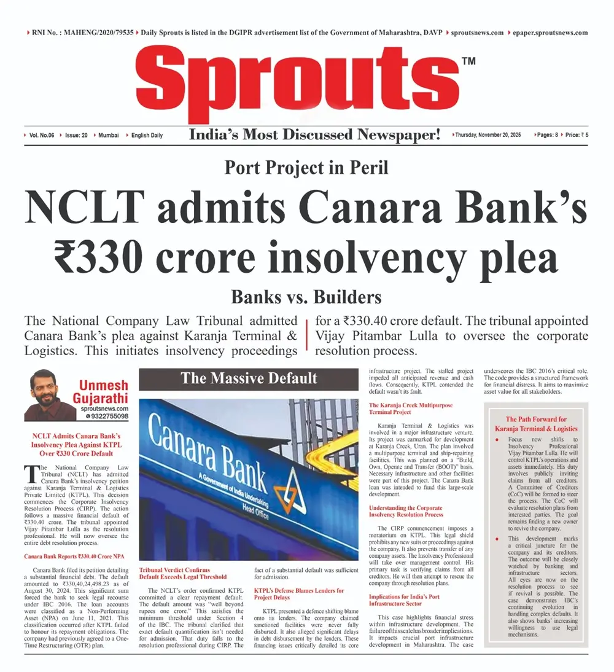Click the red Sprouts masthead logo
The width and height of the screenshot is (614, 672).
tap(300, 83)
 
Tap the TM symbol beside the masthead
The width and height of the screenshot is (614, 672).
tap(468, 61)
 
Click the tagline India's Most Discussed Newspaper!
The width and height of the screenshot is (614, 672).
tap(314, 135)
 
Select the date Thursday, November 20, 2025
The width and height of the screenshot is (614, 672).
tap(488, 135)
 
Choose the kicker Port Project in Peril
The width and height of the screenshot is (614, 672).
tap(306, 167)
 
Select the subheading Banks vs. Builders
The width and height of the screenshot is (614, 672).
tap(306, 298)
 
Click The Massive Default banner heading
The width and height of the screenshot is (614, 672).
tap(249, 378)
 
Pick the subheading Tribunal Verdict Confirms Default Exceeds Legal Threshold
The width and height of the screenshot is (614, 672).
tap(183, 573)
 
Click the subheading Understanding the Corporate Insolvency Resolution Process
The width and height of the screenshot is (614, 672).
tap(405, 512)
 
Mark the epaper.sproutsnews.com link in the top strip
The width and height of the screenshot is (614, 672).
tap(550, 32)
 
